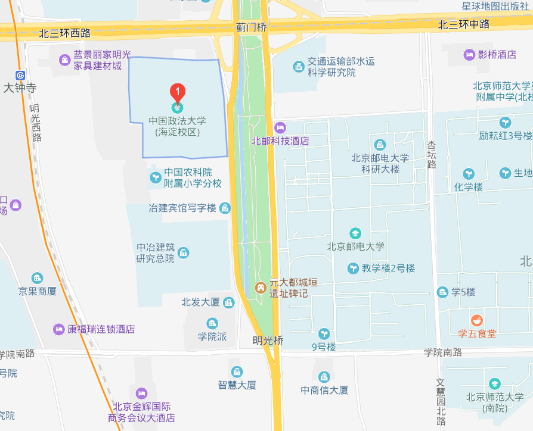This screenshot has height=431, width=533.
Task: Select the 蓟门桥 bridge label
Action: [251, 27]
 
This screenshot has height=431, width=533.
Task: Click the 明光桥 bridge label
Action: [268, 341]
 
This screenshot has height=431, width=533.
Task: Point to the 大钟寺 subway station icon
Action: [21, 76]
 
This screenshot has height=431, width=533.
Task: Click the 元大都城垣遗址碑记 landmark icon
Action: [261, 288]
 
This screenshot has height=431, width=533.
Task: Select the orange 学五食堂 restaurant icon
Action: [476, 320]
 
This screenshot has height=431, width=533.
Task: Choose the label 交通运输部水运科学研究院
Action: [331, 67]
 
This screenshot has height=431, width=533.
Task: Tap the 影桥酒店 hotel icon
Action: [469, 55]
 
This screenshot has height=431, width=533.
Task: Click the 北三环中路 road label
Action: [463, 24]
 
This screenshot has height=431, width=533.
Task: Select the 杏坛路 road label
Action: [431, 155]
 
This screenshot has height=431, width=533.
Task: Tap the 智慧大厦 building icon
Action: [237, 372]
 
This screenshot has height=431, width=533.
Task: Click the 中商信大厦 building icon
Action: [324, 377]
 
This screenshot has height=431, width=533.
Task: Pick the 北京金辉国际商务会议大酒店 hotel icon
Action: [141, 393]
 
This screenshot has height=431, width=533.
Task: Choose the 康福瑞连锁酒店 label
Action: [101, 329]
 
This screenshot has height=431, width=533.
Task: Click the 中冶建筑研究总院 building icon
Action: [183, 253]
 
